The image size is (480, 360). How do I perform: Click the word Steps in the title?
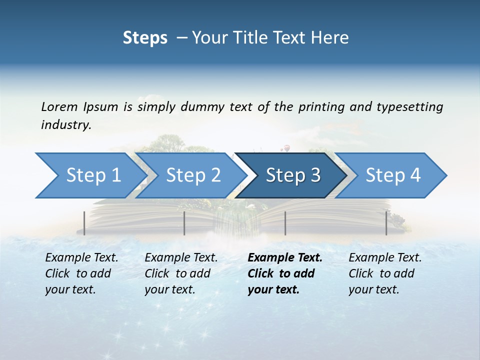(x=145, y=38)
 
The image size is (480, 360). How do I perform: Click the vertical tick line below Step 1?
(x=84, y=223)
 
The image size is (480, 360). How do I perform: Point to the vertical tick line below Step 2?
(x=184, y=223)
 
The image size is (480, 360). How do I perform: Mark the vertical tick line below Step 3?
(x=285, y=223)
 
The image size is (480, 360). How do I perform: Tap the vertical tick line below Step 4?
(x=386, y=223)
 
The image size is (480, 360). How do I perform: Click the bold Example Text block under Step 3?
(x=285, y=273)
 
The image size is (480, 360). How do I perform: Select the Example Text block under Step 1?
(x=82, y=273)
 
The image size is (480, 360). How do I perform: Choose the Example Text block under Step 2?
(x=181, y=273)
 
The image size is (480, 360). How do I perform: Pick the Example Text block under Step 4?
(x=385, y=273)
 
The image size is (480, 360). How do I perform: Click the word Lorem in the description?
(x=59, y=107)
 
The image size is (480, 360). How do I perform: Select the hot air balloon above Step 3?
(x=285, y=148)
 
